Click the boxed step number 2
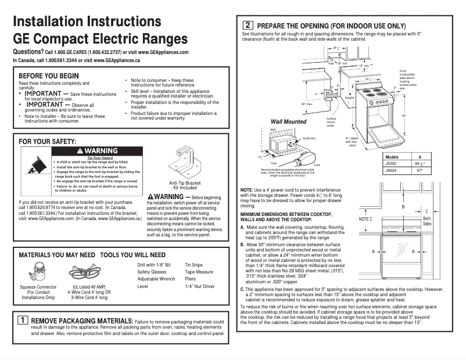pyautogui.click(x=248, y=26)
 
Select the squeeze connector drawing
pyautogui.click(x=38, y=273)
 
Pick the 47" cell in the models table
pyautogui.click(x=420, y=171)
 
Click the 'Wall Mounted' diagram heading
pyautogui.click(x=289, y=121)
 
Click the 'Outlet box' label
pyautogui.click(x=309, y=138)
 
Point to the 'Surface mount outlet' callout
pyautogui.click(x=330, y=122)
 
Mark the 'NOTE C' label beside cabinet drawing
pyautogui.click(x=365, y=219)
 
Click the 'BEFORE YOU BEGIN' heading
pyautogui.click(x=49, y=76)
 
